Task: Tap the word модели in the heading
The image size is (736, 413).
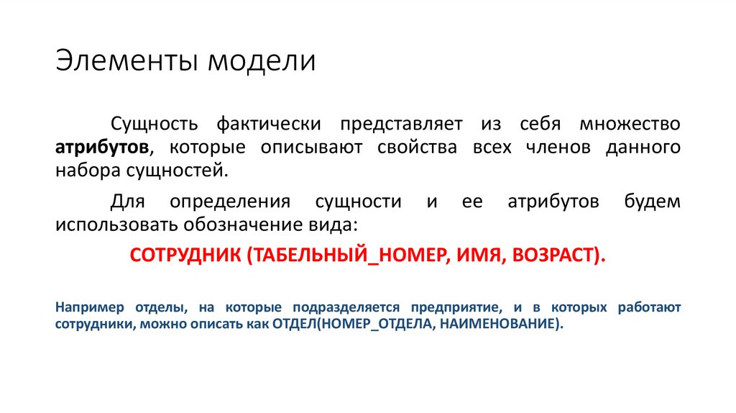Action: [x=262, y=61]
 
